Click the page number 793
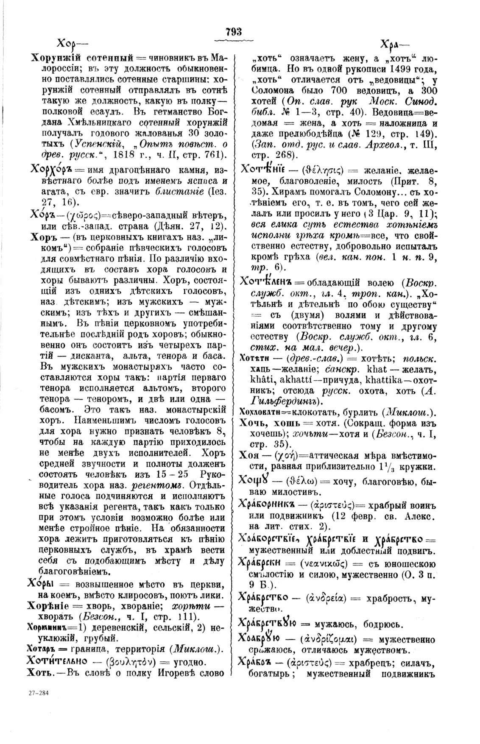coord(234,31)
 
